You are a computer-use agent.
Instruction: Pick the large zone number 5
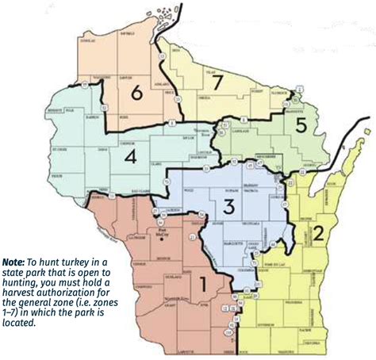click(x=301, y=124)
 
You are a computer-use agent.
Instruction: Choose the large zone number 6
click(x=136, y=94)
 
